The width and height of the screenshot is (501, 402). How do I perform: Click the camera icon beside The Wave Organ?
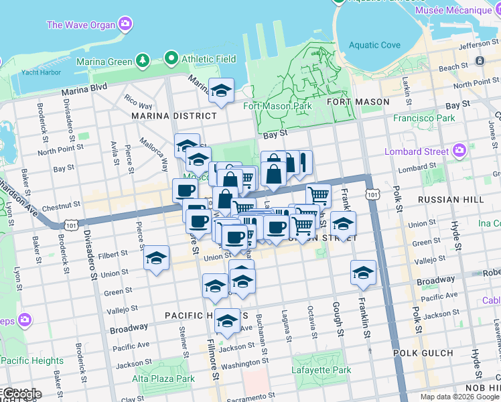pyautogui.click(x=125, y=25)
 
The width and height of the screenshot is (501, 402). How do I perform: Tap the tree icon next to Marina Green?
pyautogui.click(x=142, y=62)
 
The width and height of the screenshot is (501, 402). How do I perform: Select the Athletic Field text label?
pyautogui.click(x=208, y=59)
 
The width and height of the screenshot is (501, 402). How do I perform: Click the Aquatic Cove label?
pyautogui.click(x=375, y=46)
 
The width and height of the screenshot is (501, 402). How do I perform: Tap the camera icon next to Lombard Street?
pyautogui.click(x=459, y=149)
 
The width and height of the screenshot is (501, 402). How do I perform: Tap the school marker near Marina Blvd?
pyautogui.click(x=221, y=91)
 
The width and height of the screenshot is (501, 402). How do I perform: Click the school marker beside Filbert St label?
pyautogui.click(x=157, y=258)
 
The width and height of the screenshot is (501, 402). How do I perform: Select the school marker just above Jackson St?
pyautogui.click(x=228, y=321)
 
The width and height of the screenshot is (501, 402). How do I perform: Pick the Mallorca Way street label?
pyautogui.click(x=153, y=155)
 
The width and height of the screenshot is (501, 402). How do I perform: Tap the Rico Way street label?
pyautogui.click(x=137, y=102)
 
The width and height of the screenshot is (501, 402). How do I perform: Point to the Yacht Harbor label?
pyautogui.click(x=36, y=72)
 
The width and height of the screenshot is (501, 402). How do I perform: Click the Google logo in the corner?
pyautogui.click(x=21, y=394)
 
